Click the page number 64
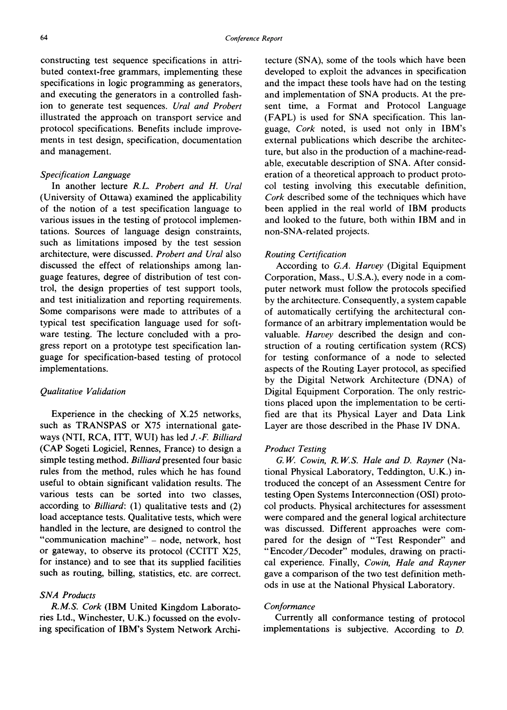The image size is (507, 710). pyautogui.click(x=44, y=38)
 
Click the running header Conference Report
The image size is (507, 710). pyautogui.click(x=253, y=38)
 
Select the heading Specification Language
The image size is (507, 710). pyautogui.click(x=85, y=175)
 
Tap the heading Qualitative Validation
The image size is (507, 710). pyautogui.click(x=83, y=392)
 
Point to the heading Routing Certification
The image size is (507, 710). pyautogui.click(x=305, y=254)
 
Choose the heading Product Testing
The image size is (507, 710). pyautogui.click(x=295, y=449)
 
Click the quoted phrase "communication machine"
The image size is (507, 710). pyautogui.click(x=97, y=540)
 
